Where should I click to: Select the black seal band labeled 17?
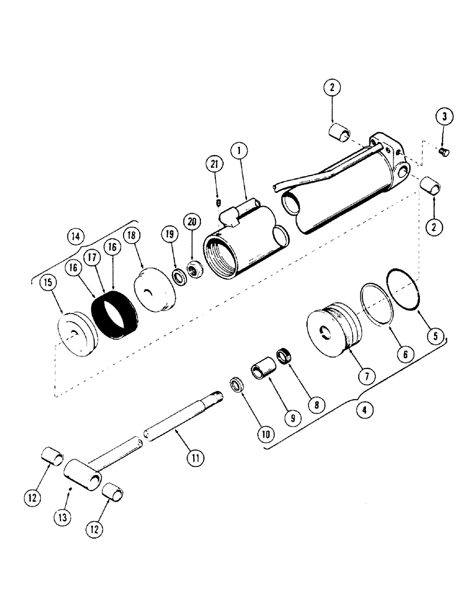click(115, 312)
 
